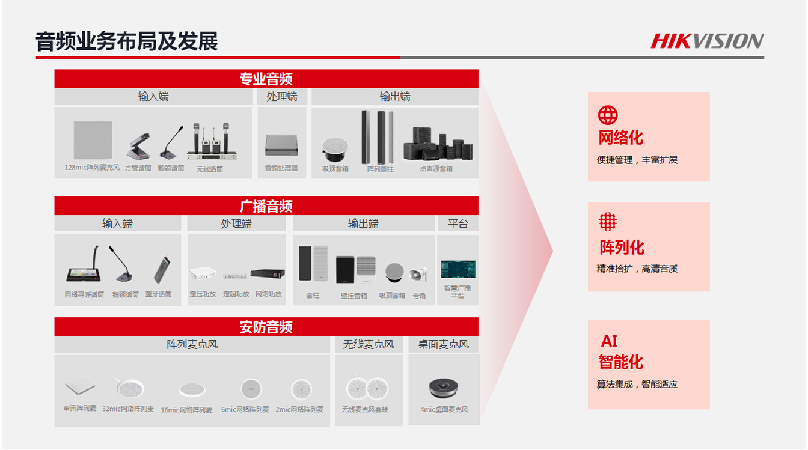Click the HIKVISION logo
pyautogui.click(x=707, y=41)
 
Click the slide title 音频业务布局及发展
pyautogui.click(x=127, y=41)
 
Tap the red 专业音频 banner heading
pyautogui.click(x=266, y=79)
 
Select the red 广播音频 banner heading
pyautogui.click(x=266, y=206)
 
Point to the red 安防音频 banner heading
pyautogui.click(x=266, y=327)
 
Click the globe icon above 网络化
pyautogui.click(x=608, y=115)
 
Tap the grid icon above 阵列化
pyautogui.click(x=608, y=221)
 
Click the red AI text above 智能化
pyautogui.click(x=609, y=341)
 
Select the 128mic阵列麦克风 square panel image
pyautogui.click(x=93, y=140)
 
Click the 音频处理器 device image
pyautogui.click(x=281, y=145)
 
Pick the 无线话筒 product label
pyautogui.click(x=210, y=169)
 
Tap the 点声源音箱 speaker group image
pyautogui.click(x=438, y=144)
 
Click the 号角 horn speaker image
pyautogui.click(x=418, y=275)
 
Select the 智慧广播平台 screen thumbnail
pyautogui.click(x=458, y=269)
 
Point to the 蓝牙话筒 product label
pyautogui.click(x=158, y=294)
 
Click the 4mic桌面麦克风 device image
pyautogui.click(x=443, y=388)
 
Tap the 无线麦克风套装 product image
pyautogui.click(x=367, y=389)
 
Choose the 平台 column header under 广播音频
pyautogui.click(x=458, y=223)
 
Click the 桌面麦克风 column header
pyautogui.click(x=443, y=344)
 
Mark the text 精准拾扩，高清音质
pyautogui.click(x=637, y=269)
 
